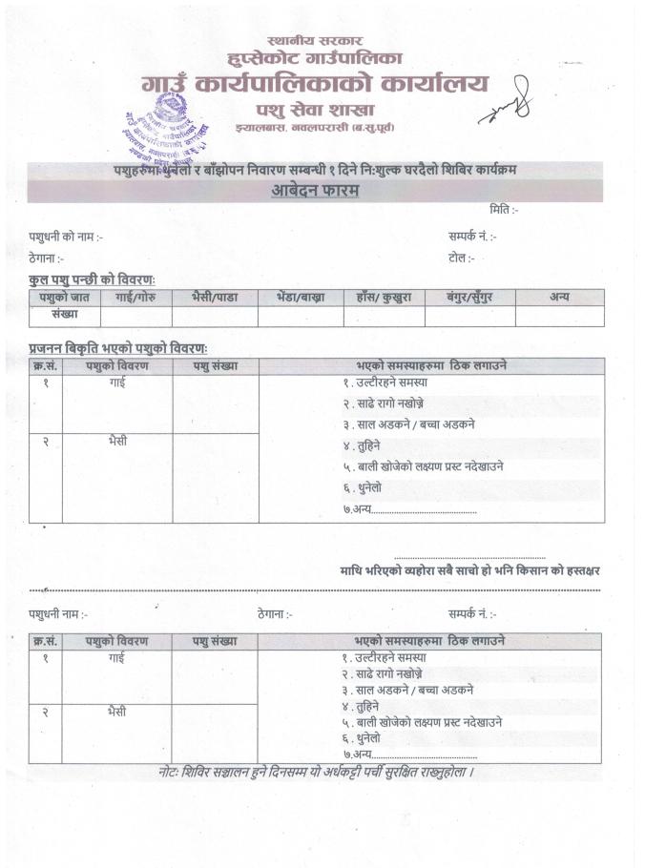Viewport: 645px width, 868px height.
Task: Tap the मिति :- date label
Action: coord(503,210)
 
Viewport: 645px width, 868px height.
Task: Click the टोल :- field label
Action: coord(460,258)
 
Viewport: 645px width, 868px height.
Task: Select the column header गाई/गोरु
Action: coord(136,298)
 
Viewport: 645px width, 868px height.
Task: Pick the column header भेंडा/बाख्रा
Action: coord(300,298)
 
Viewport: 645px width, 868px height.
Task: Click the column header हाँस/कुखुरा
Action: coord(385,298)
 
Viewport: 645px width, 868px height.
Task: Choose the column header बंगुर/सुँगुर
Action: coord(470,298)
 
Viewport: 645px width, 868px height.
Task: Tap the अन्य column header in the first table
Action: coord(559,298)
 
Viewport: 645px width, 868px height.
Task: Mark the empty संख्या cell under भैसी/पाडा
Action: coord(215,316)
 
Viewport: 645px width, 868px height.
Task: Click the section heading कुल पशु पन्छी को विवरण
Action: coord(92,279)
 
